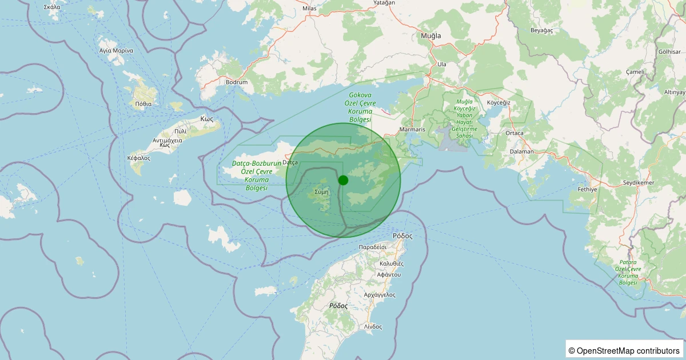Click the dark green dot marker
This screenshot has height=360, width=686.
(343, 180)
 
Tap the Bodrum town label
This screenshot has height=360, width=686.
(237, 82)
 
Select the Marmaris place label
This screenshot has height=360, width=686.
(413, 130)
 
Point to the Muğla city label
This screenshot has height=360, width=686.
(431, 36)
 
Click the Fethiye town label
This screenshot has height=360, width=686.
(587, 189)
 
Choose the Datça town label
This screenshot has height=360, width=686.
(290, 163)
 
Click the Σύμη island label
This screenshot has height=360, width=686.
(321, 192)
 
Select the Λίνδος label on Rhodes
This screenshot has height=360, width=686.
(373, 326)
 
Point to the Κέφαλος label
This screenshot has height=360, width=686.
(138, 158)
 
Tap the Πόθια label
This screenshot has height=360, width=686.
(143, 104)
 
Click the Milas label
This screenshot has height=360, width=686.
(309, 9)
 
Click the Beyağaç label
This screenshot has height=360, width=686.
(542, 30)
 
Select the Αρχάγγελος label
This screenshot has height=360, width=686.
(380, 295)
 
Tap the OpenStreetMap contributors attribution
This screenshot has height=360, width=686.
(624, 350)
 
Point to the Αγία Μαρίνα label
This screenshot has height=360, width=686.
(116, 50)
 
